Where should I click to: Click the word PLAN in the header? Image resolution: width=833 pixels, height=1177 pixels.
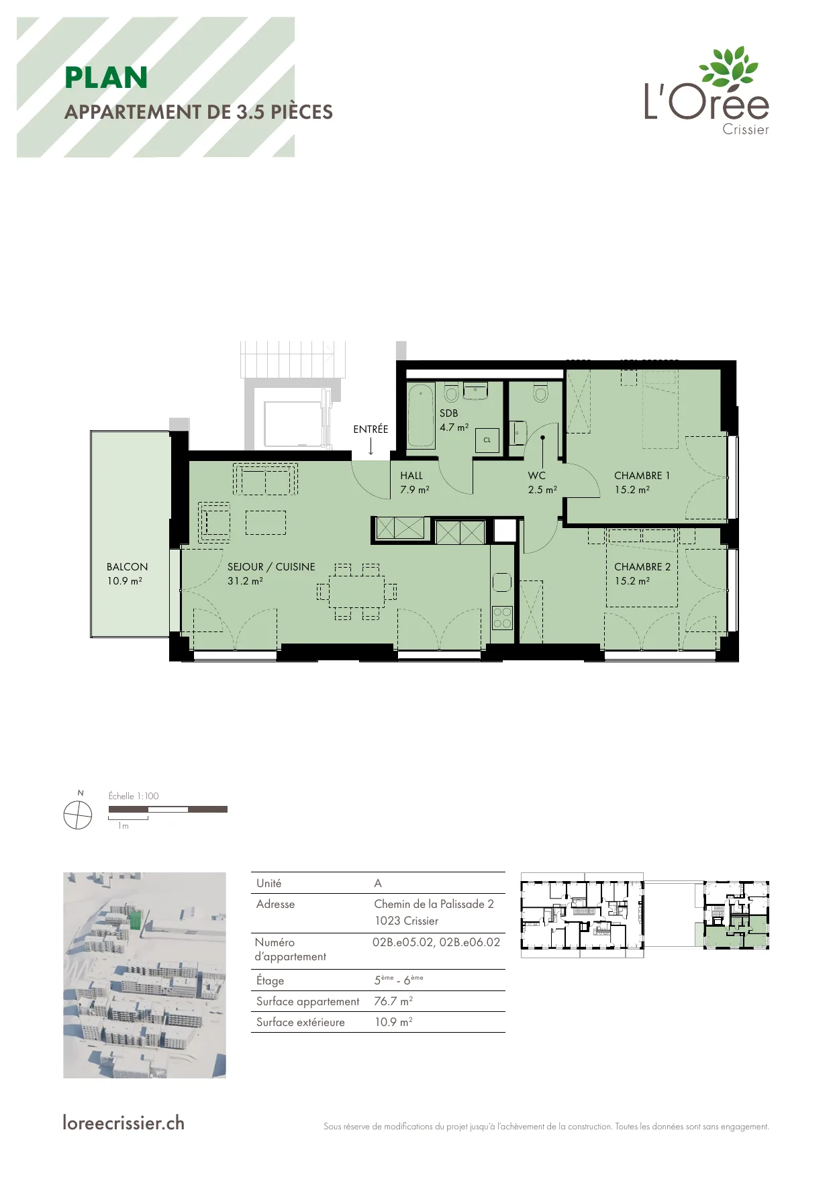(x=106, y=78)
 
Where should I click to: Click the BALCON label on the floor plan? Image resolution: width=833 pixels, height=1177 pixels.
(x=127, y=567)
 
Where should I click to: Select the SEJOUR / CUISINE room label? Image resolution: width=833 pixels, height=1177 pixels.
(x=271, y=567)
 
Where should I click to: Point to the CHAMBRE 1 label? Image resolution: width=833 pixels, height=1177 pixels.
(x=642, y=476)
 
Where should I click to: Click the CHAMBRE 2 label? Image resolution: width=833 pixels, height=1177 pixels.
(x=642, y=567)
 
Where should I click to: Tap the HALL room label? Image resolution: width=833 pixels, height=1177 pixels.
(x=411, y=476)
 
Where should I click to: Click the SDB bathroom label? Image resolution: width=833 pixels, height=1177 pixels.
(x=449, y=413)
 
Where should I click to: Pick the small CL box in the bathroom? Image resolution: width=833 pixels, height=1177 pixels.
(x=487, y=440)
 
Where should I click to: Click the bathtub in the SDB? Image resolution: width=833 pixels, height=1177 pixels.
(x=422, y=415)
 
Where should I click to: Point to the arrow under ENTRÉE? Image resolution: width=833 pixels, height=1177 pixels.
(x=371, y=447)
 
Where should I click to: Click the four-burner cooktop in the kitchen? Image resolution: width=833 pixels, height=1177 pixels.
(x=502, y=617)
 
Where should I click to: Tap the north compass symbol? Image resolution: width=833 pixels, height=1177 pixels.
(x=78, y=816)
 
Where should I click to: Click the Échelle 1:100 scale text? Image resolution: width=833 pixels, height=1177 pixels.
(x=134, y=797)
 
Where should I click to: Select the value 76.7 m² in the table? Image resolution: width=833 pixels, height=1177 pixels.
(x=393, y=1001)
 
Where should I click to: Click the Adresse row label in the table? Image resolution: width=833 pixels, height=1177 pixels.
(x=275, y=905)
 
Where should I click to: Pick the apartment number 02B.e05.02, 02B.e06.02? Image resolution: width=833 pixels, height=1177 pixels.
(x=436, y=942)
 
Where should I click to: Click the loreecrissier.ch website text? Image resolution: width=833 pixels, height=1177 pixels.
(x=124, y=1123)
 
